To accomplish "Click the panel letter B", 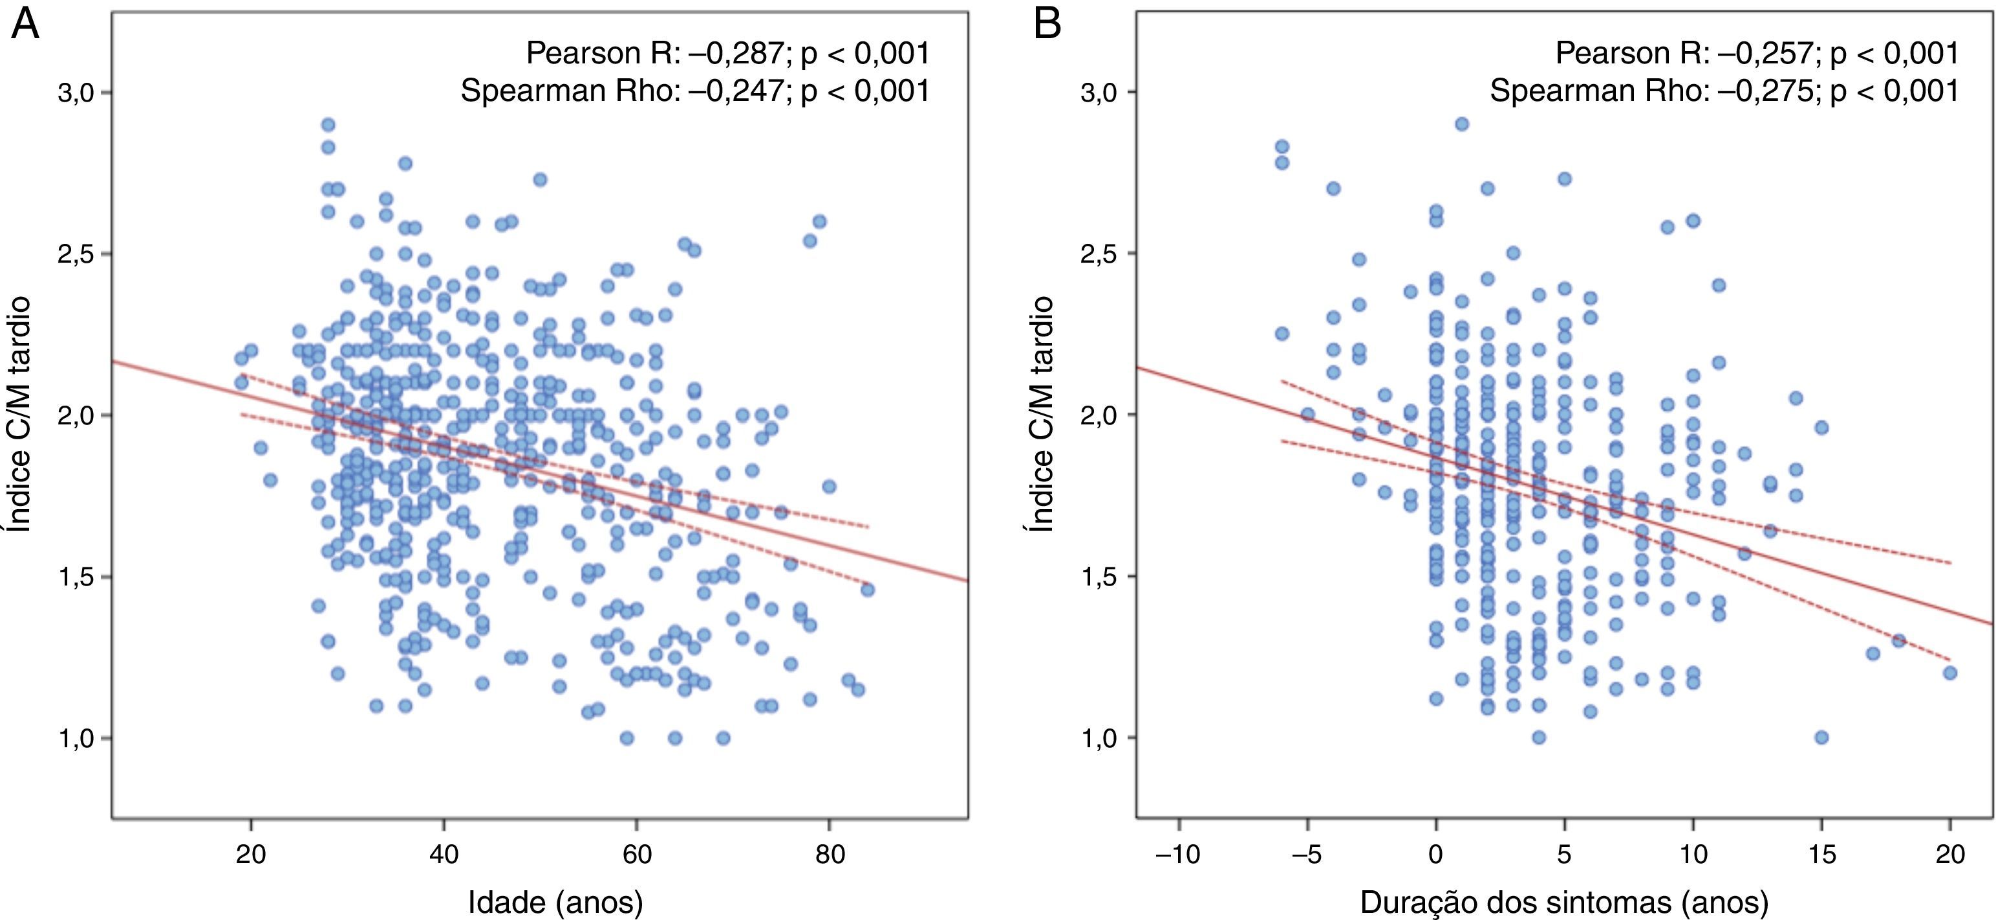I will coord(1047,27).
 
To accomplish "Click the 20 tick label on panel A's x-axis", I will coord(250,855).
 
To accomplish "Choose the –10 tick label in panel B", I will coord(1178,855).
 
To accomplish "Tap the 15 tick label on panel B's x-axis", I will coord(1821,855).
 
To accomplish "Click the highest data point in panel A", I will coord(328,125).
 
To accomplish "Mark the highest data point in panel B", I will coord(1462,124).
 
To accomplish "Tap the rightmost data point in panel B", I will coord(1950,673).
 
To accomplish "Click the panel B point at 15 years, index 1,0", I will coord(1821,737).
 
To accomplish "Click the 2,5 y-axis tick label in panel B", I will coord(1099,254).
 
